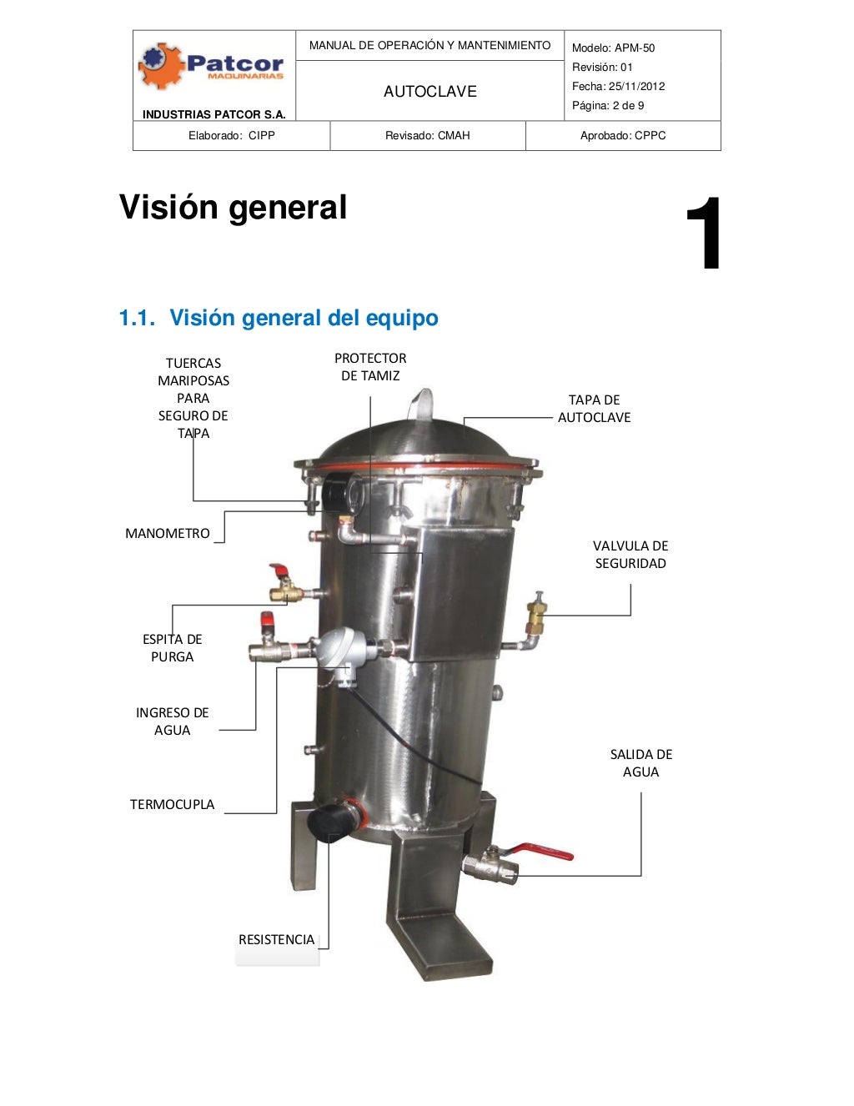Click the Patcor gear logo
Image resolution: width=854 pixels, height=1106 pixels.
tap(161, 67)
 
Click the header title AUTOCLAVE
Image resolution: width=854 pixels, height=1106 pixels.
tap(430, 92)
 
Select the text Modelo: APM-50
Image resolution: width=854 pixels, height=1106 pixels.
tap(613, 48)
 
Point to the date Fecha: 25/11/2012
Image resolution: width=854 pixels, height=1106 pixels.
tap(618, 87)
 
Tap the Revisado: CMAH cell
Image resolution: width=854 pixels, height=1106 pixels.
tap(427, 136)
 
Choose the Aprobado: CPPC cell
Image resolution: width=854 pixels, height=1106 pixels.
tap(623, 136)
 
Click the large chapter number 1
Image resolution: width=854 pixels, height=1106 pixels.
tap(703, 234)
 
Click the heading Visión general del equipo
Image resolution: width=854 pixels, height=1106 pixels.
tap(278, 318)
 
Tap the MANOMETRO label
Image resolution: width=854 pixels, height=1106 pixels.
tap(168, 534)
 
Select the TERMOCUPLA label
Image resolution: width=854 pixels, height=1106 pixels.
tap(172, 805)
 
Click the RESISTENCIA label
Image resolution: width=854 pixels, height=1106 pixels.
tap(276, 940)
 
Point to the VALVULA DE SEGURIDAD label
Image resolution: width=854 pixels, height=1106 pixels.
tap(630, 555)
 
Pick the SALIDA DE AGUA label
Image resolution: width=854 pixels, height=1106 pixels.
tap(640, 763)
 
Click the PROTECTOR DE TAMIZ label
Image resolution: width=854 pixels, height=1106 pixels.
tap(370, 367)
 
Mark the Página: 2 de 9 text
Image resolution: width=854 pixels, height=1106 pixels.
tap(608, 106)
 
